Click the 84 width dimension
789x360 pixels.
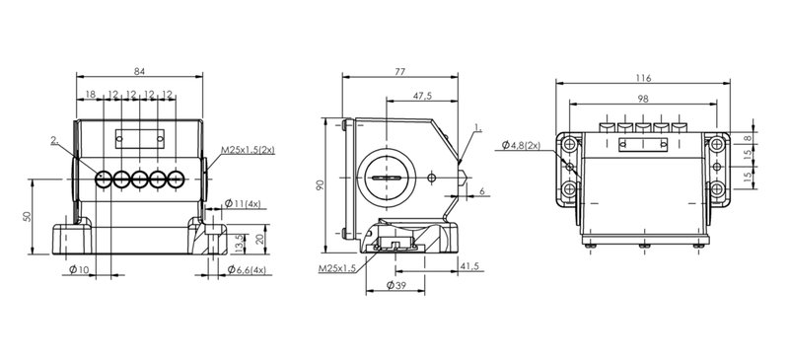click(139, 71)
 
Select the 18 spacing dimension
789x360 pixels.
click(91, 94)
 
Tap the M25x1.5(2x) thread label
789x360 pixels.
click(249, 150)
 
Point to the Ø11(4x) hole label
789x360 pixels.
click(243, 203)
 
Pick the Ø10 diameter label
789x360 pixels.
click(79, 270)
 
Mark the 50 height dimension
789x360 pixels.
click(28, 217)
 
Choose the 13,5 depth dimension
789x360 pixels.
click(239, 244)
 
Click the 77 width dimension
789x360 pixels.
click(399, 71)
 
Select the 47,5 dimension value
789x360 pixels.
click(422, 95)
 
